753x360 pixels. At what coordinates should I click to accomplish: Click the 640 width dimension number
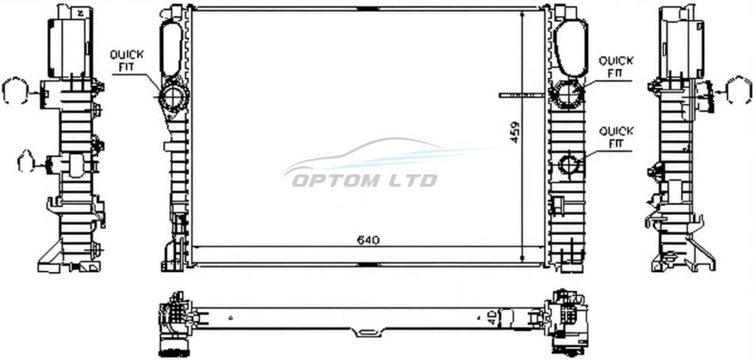click(x=369, y=239)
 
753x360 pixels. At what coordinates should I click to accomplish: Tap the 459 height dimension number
click(x=514, y=131)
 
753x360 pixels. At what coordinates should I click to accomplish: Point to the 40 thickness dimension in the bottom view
click(x=491, y=318)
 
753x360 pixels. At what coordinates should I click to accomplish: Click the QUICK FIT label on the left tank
click(x=127, y=61)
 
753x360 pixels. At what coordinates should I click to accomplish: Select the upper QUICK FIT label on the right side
click(x=616, y=67)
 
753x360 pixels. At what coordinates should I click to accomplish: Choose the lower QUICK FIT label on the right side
click(x=616, y=137)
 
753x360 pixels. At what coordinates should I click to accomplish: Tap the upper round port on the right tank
click(x=568, y=93)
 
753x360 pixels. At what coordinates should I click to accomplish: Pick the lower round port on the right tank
click(x=569, y=164)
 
